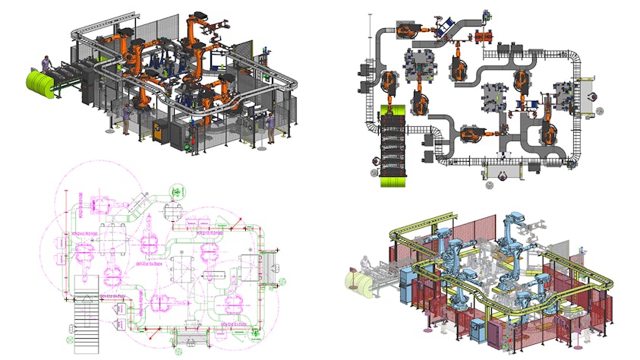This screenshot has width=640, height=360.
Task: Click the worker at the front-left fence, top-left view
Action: click(x=126, y=120)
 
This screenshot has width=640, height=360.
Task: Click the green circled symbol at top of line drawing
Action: click(x=177, y=192)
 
